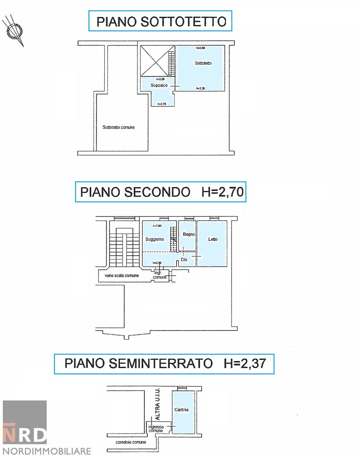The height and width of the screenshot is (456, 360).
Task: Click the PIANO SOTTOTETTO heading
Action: coord(161,21)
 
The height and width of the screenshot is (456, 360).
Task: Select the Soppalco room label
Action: coord(159,85)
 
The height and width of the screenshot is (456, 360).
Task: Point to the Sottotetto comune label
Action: coord(118,127)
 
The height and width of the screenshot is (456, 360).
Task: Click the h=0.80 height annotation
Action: coord(200,48)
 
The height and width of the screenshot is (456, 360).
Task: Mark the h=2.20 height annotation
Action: coord(200,88)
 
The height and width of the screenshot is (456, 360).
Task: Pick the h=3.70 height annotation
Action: coord(162,104)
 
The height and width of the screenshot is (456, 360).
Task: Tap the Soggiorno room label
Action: coord(155,239)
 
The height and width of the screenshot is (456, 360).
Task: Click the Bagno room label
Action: coord(189,234)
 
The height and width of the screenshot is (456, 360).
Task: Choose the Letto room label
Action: coord(213,239)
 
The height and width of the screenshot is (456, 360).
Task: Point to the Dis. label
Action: coord(184,260)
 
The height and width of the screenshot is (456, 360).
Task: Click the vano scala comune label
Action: coord(122,276)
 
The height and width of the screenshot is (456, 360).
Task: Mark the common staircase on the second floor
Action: coord(122,246)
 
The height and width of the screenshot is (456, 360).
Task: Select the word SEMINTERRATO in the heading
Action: coord(160,363)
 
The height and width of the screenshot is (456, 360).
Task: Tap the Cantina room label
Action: coord(181,410)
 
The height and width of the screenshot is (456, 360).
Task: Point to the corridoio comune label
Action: coord(131,442)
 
